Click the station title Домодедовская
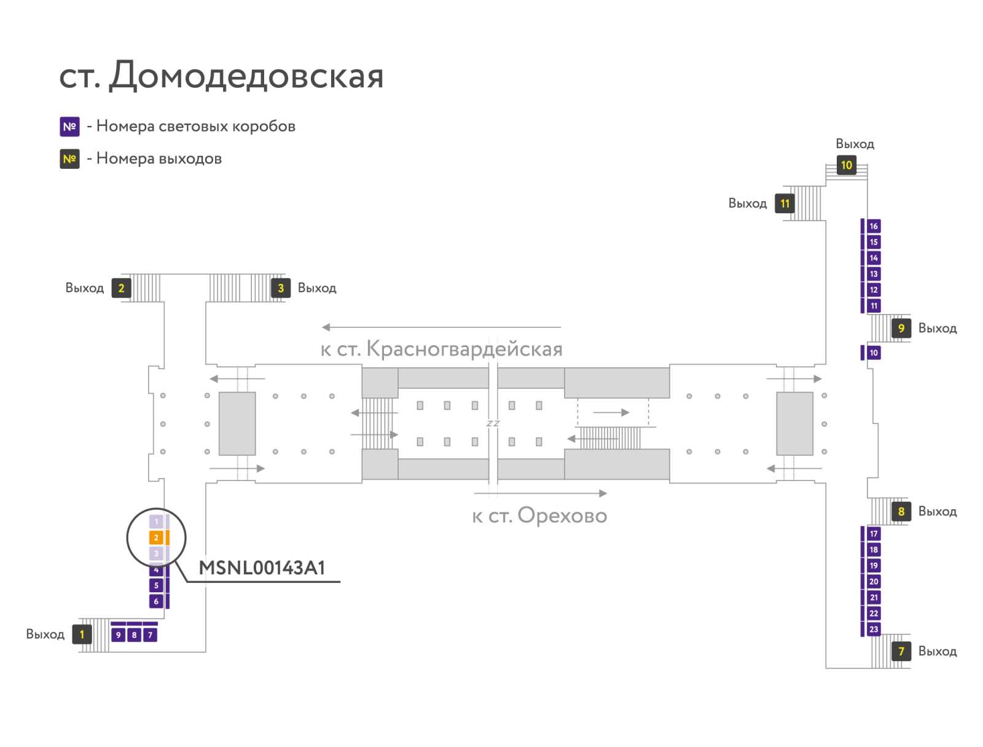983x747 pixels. point(245,75)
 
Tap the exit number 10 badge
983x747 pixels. point(845,165)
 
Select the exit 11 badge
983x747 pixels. point(784,204)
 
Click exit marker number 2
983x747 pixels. point(121,287)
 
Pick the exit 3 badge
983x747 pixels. point(280,287)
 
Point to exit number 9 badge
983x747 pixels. point(901,328)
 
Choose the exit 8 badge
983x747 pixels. point(901,511)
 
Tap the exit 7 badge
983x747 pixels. point(901,651)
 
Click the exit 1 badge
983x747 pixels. point(82,634)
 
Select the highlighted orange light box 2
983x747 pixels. point(156,537)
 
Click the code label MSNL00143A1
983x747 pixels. point(262,568)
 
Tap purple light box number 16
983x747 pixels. point(873,226)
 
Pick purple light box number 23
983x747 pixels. point(873,629)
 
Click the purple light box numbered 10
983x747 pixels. point(873,353)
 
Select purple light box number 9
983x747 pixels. point(118,635)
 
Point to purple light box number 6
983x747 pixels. point(156,601)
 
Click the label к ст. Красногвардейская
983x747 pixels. point(441,349)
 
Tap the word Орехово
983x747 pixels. point(562,515)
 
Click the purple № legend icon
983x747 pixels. point(69,127)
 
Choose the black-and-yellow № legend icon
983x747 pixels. point(69,159)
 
